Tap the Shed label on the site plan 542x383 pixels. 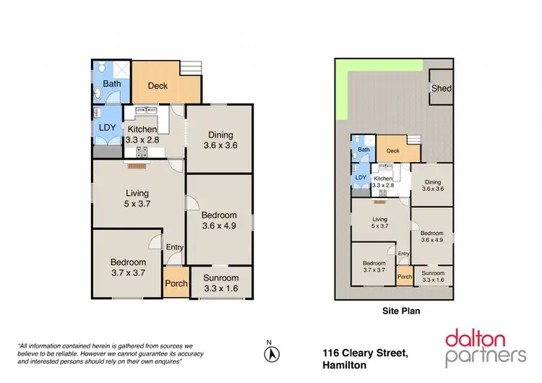441,89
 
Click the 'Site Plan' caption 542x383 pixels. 401,312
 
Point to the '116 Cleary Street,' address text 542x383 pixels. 366,353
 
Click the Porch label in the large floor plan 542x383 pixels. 176,283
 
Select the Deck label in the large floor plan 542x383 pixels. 158,86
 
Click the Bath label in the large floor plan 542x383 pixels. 112,85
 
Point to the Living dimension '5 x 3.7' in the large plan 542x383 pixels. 137,205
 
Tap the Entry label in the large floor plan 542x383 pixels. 175,248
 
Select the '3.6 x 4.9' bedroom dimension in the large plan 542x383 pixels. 219,226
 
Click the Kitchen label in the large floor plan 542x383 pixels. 142,129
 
